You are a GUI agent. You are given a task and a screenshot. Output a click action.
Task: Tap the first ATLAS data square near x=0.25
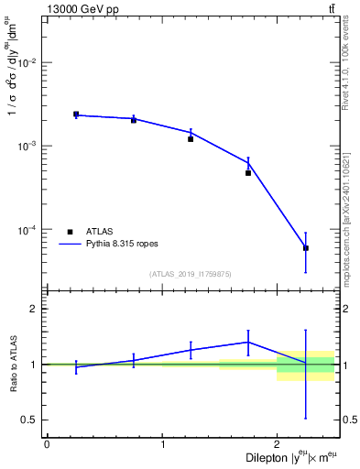76,115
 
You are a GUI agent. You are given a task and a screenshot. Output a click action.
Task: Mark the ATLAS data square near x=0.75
134,120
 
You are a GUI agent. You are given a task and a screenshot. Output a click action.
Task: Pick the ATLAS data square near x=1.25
191,139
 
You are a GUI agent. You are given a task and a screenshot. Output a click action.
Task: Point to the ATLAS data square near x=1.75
248,173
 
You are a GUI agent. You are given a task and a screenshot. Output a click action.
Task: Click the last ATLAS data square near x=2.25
306,248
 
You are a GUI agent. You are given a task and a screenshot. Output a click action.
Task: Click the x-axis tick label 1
162,444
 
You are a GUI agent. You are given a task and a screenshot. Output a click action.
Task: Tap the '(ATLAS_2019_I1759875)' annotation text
191,274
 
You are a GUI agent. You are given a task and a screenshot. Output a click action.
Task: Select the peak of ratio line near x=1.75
248,342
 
